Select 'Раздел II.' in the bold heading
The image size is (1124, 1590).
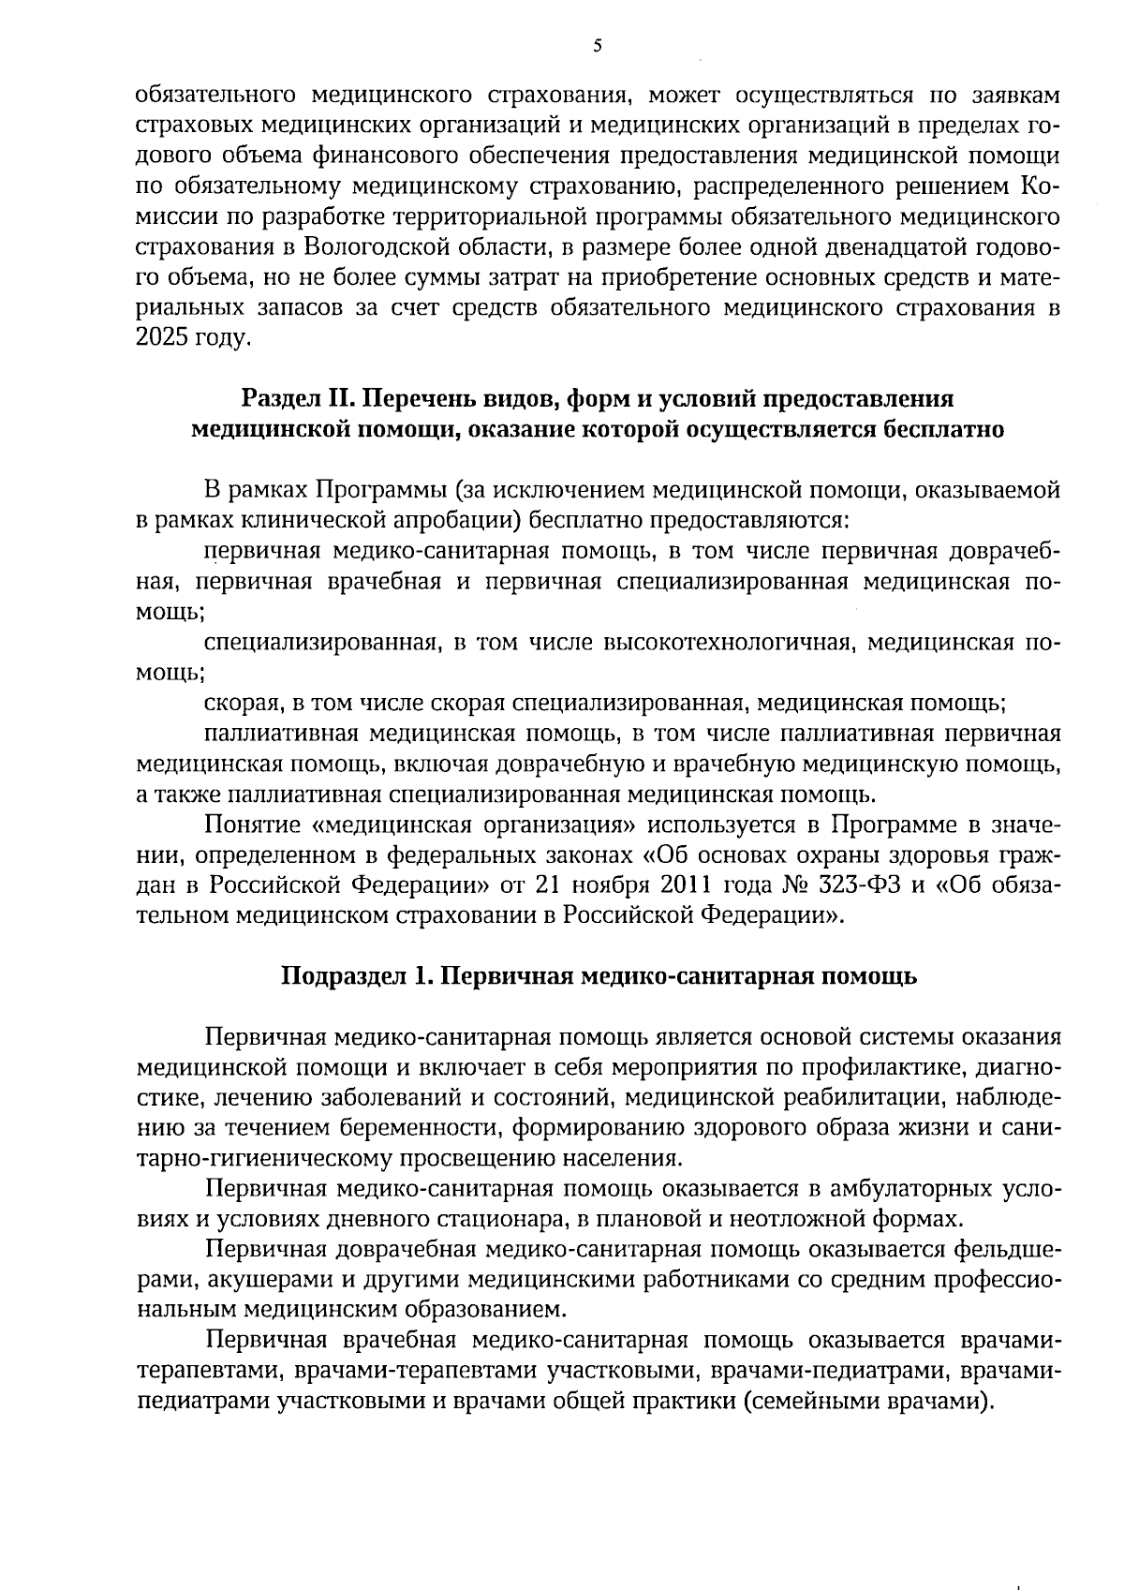pyautogui.click(x=296, y=399)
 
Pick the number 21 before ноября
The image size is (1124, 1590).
pyautogui.click(x=547, y=884)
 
